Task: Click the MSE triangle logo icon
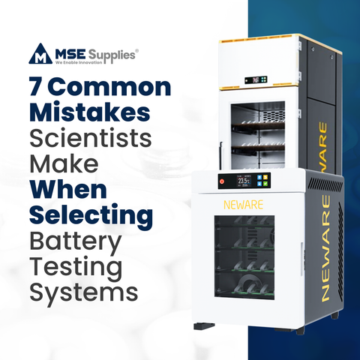[x=39, y=54]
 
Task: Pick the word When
[x=67, y=190]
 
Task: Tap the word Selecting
[x=91, y=216]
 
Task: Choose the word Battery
[x=75, y=243]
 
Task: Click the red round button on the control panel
[x=223, y=182]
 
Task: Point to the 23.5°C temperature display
[x=244, y=182]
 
